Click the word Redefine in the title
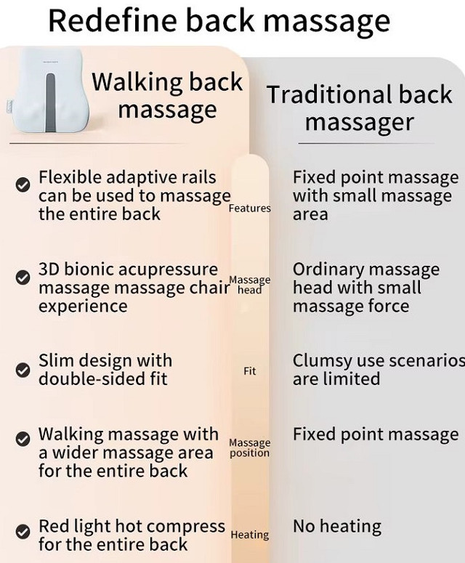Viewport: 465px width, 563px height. click(113, 20)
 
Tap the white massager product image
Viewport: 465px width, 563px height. click(47, 90)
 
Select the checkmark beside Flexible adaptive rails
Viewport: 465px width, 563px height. click(23, 185)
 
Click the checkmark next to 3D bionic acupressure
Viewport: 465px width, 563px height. click(23, 278)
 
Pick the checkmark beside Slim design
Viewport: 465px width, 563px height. click(23, 370)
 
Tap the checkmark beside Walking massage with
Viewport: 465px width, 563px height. click(23, 439)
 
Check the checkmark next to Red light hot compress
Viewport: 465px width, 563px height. click(23, 532)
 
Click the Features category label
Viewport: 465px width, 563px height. click(249, 208)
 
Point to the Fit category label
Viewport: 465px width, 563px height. click(250, 371)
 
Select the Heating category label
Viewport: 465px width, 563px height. click(249, 535)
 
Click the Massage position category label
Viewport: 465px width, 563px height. click(249, 448)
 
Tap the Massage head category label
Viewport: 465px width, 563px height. click(249, 284)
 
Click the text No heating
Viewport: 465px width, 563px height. click(337, 527)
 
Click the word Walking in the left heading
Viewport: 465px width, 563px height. click(138, 83)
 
